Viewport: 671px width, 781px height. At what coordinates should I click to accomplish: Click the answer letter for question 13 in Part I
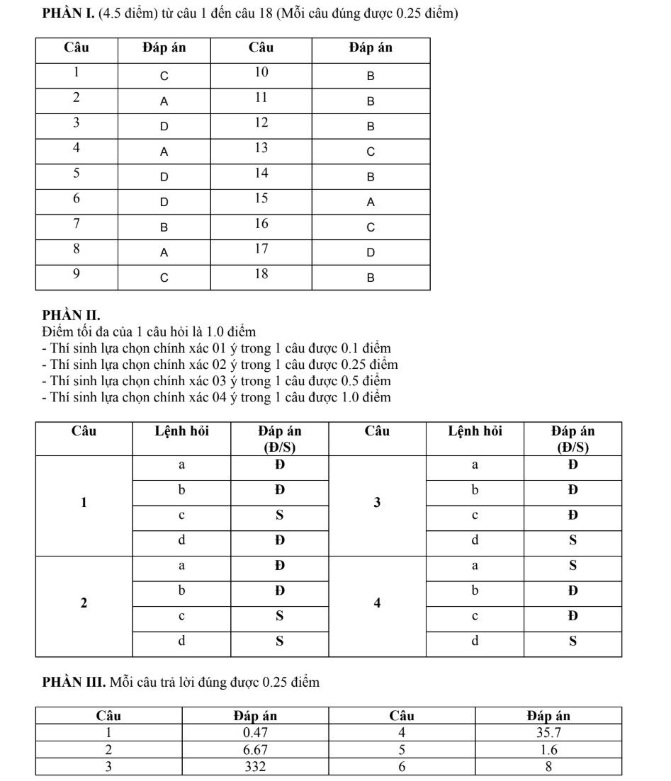pos(371,152)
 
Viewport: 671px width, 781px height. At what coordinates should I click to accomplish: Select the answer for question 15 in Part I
pos(371,203)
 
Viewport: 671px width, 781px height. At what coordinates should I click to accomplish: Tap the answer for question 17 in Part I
pos(371,253)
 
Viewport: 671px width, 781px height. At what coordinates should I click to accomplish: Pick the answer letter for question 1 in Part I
pos(164,76)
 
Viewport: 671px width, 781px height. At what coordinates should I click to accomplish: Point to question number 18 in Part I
pos(261,274)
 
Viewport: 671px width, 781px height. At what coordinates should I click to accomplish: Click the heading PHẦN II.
pos(71,316)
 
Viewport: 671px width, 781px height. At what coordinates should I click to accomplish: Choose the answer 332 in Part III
pos(255,767)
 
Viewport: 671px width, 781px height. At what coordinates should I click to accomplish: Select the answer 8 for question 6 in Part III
pos(548,767)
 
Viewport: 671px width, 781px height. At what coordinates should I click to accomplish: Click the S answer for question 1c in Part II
pos(279,515)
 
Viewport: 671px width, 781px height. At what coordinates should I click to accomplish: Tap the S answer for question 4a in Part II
pos(573,566)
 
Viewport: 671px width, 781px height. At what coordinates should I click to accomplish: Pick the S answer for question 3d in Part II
pos(573,540)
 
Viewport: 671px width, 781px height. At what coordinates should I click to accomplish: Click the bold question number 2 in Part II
pos(84,603)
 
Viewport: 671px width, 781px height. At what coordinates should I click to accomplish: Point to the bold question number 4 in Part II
pos(377,603)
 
